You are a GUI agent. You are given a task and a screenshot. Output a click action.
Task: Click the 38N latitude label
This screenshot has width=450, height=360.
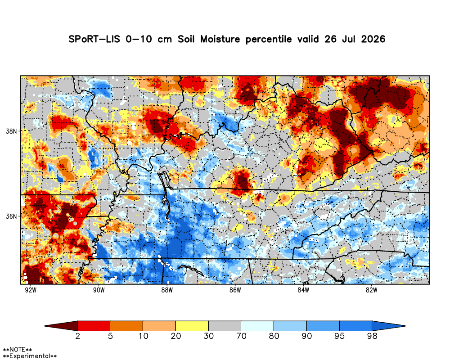pyautogui.click(x=12, y=131)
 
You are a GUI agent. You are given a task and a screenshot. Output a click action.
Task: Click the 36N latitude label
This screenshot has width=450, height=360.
pyautogui.click(x=12, y=216)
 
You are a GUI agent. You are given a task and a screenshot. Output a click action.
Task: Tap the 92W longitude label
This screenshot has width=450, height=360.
pyautogui.click(x=31, y=290)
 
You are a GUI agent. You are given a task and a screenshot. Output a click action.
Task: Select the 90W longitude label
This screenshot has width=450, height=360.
pyautogui.click(x=99, y=290)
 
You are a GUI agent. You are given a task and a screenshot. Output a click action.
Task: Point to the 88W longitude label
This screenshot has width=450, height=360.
pyautogui.click(x=167, y=290)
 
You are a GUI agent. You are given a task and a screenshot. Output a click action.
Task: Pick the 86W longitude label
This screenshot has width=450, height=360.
pyautogui.click(x=235, y=290)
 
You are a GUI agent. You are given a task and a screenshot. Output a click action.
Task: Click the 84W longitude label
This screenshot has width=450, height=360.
pyautogui.click(x=303, y=290)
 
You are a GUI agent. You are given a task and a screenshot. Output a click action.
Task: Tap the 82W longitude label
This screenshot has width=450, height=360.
pyautogui.click(x=371, y=290)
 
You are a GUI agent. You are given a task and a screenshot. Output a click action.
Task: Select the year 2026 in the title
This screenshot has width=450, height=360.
pyautogui.click(x=373, y=39)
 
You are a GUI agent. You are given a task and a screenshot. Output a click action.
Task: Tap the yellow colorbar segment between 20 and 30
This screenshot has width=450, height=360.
pyautogui.click(x=192, y=326)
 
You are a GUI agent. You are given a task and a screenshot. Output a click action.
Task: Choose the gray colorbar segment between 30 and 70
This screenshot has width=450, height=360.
pyautogui.click(x=225, y=326)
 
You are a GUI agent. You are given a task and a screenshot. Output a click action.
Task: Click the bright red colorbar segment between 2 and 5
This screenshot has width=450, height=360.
pyautogui.click(x=94, y=326)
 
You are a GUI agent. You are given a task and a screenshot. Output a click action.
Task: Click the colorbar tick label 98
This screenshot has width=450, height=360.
pyautogui.click(x=372, y=336)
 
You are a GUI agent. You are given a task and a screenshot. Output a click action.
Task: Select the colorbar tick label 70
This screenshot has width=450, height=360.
pyautogui.click(x=241, y=336)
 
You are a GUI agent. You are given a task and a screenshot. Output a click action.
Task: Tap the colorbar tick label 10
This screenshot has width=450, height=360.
pyautogui.click(x=143, y=336)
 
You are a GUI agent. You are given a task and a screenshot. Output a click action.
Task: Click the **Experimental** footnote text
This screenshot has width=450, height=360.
pyautogui.click(x=30, y=356)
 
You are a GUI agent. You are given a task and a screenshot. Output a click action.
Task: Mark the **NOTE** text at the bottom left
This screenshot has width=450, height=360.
pyautogui.click(x=18, y=350)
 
